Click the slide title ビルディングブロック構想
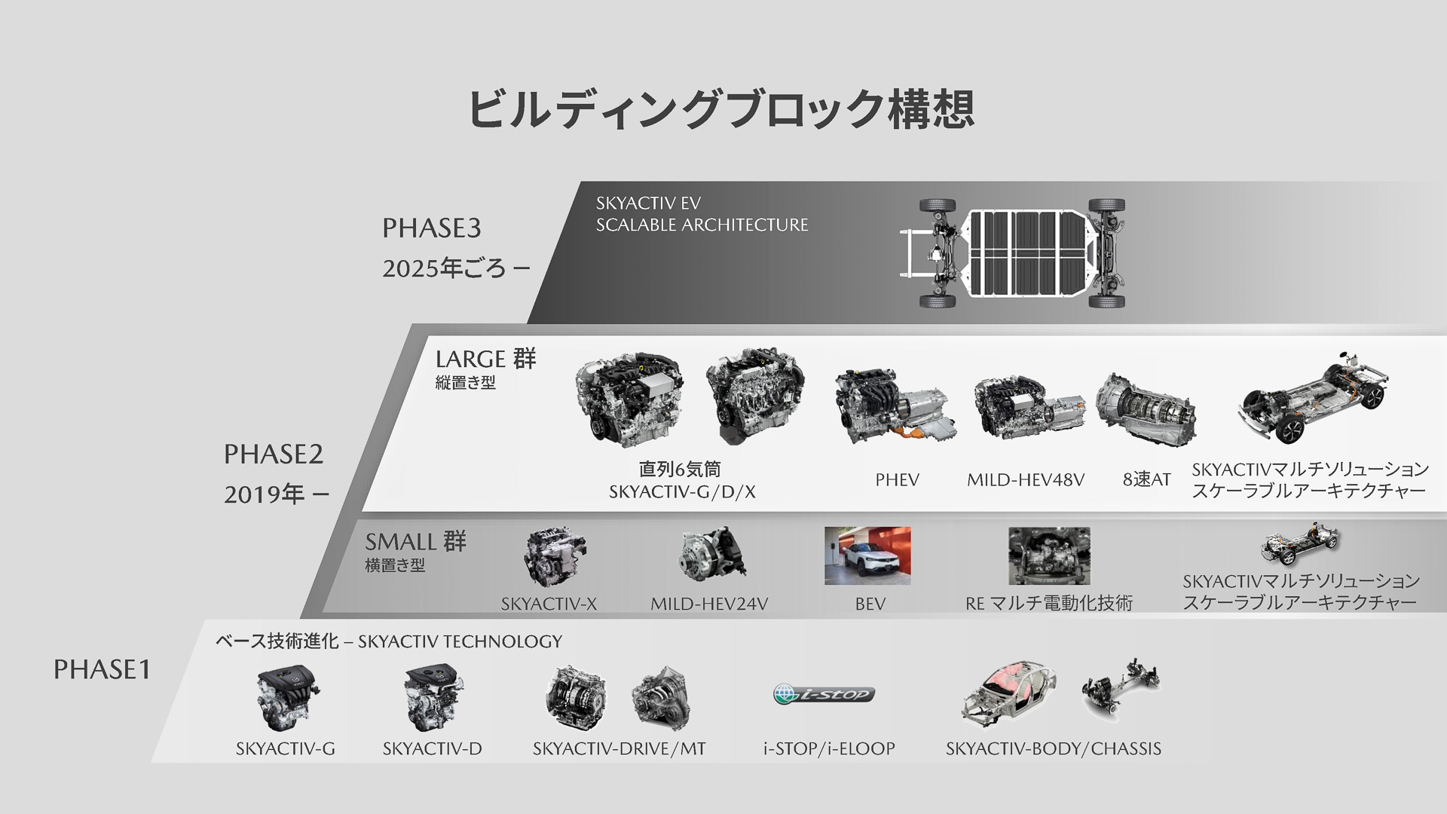(x=720, y=109)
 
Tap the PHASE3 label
(x=431, y=228)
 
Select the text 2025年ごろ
(x=445, y=268)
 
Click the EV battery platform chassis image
(x=1013, y=253)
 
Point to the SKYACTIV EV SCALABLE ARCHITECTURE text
(x=701, y=214)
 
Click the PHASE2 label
(x=273, y=454)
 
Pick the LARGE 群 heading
(x=485, y=359)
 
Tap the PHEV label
(x=897, y=480)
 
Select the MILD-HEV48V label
(x=1025, y=480)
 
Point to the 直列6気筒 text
(x=680, y=470)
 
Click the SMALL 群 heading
(x=415, y=542)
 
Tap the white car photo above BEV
(x=867, y=555)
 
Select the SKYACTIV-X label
(x=549, y=604)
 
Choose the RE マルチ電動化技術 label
(x=1048, y=604)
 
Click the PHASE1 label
(x=102, y=669)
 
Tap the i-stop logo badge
(x=824, y=693)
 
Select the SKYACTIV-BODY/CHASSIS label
(x=1053, y=748)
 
